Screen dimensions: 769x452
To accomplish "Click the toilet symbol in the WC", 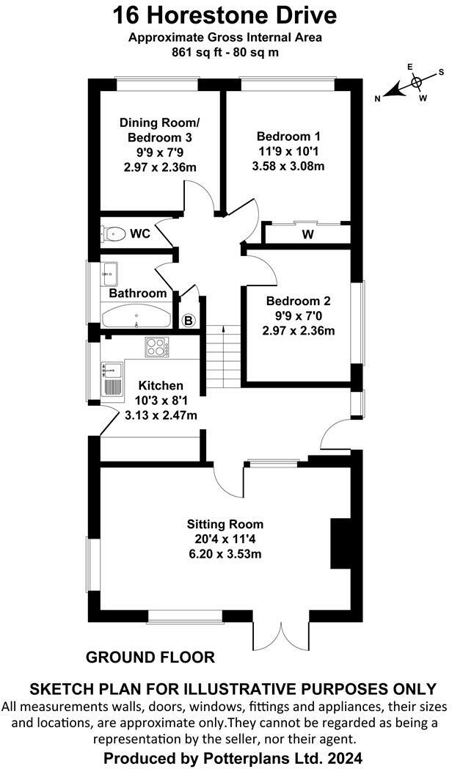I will (112, 234).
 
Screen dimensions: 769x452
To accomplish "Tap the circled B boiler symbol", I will (188, 320).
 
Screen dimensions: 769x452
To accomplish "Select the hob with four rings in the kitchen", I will (157, 346).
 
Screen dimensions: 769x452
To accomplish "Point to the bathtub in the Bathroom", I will (136, 317).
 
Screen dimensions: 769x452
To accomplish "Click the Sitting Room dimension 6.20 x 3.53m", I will (225, 553).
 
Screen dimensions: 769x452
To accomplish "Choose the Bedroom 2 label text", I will (298, 301).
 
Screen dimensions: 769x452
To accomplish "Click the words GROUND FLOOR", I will (150, 657).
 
